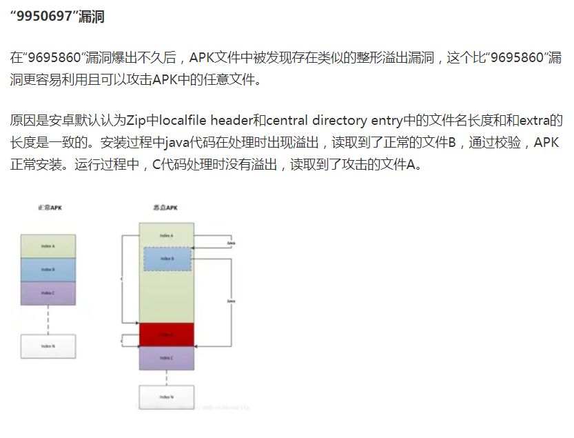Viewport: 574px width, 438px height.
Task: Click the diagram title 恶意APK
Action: [165, 208]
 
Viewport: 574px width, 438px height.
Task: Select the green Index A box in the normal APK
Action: [48, 246]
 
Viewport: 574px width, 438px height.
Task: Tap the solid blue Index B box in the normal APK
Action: [48, 270]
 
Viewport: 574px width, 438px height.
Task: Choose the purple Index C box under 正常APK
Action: [48, 293]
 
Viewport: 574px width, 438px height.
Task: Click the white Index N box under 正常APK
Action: [48, 346]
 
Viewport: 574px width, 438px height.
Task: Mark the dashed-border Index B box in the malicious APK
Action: [167, 259]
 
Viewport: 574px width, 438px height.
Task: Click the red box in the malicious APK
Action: [167, 335]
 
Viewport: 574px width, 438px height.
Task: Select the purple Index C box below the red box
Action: [167, 358]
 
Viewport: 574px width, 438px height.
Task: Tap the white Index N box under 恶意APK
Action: [167, 397]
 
